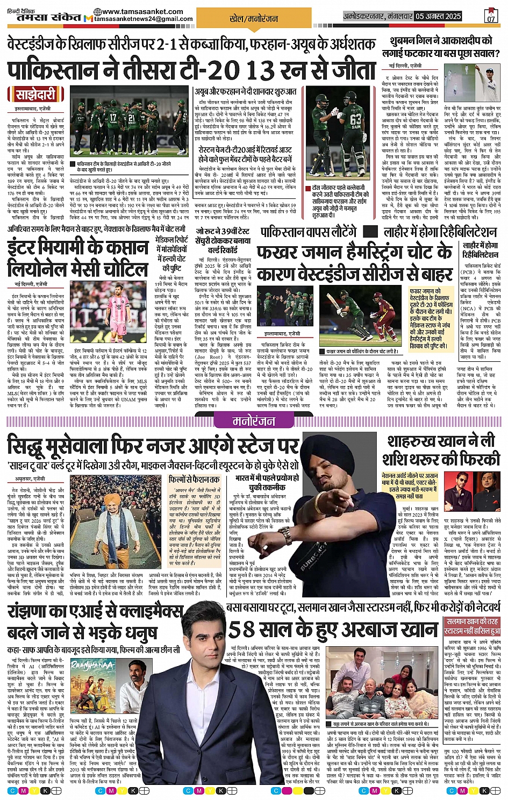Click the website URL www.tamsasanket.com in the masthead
pyautogui.click(x=134, y=11)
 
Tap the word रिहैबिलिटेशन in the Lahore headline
pyautogui.click(x=456, y=232)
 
